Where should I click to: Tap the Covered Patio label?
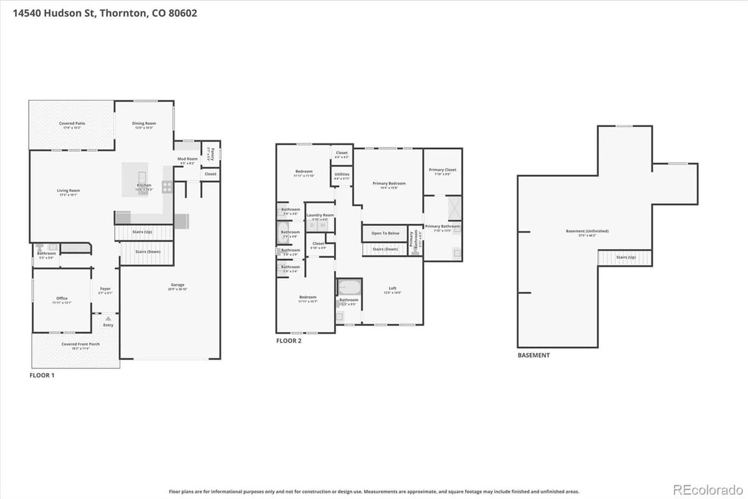click(x=72, y=124)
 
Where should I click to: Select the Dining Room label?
click(x=144, y=124)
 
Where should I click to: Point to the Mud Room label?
click(x=188, y=159)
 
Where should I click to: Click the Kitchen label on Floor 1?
click(x=144, y=185)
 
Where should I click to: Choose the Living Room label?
click(x=69, y=191)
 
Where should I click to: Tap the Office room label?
click(x=62, y=299)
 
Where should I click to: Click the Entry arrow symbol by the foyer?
click(x=108, y=319)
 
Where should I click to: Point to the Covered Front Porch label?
click(x=80, y=344)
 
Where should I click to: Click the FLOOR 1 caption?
click(x=42, y=375)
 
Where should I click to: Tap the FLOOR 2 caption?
click(x=289, y=341)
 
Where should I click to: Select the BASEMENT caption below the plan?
click(x=534, y=356)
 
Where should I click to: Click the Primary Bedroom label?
click(x=389, y=183)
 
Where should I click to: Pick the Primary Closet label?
click(x=442, y=170)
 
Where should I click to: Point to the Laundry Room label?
click(x=320, y=215)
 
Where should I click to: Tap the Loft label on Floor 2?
click(x=393, y=288)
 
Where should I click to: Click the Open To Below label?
click(x=385, y=233)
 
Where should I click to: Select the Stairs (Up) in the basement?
click(x=625, y=257)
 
